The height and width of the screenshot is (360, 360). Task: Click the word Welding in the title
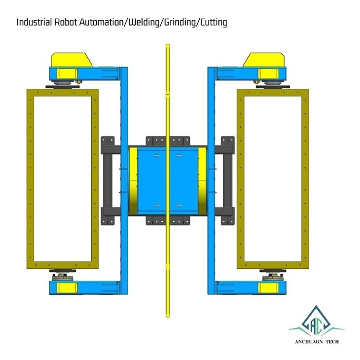tap(144, 22)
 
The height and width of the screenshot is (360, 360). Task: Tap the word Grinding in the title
tap(180, 23)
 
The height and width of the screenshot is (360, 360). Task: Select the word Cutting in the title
tap(214, 23)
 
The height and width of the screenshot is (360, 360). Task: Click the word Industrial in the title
tap(35, 22)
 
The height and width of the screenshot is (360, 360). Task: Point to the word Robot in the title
tap(66, 22)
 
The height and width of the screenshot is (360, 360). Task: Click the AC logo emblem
tap(317, 321)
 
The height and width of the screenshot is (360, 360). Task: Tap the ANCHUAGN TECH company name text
tap(317, 342)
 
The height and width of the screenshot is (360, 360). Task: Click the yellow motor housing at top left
tap(72, 60)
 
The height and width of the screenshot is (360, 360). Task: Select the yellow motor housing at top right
tap(264, 60)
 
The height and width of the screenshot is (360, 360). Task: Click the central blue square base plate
tap(168, 180)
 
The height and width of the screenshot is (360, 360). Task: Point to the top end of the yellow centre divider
tap(168, 44)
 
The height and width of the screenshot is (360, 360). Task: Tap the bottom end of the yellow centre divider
tap(168, 317)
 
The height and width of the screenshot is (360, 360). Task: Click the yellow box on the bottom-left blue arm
tap(67, 288)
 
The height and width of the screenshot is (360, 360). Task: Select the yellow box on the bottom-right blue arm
tap(268, 288)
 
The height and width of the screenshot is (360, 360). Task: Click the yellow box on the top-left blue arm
tap(67, 73)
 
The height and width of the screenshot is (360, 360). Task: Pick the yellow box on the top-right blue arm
tap(268, 73)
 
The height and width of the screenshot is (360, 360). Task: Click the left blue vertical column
tap(124, 180)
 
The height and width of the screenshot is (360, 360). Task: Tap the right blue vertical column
tap(211, 180)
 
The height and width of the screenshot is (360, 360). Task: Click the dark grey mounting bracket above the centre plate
tap(168, 141)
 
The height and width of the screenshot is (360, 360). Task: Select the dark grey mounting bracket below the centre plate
tap(168, 220)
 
